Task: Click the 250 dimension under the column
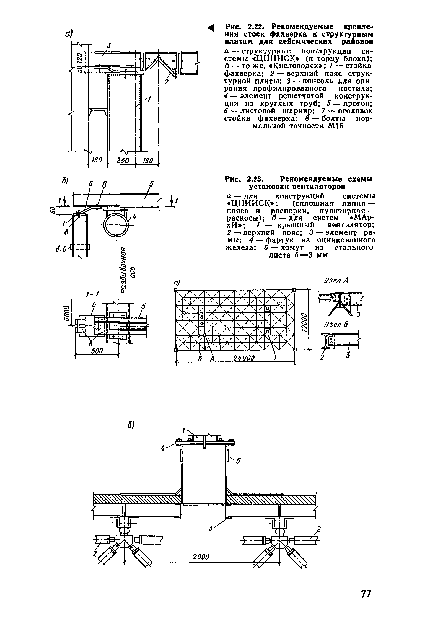(x=121, y=160)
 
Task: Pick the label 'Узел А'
(x=335, y=280)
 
